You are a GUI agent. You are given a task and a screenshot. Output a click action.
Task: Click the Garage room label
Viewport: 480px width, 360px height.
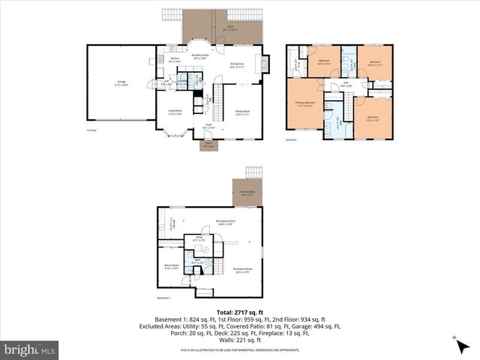tap(120, 83)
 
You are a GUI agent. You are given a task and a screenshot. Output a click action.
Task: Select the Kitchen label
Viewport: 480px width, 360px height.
tap(174, 60)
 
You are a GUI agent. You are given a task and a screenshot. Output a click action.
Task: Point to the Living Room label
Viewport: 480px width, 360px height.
tap(175, 112)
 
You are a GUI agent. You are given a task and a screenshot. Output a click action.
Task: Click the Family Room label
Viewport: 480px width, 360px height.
tap(241, 112)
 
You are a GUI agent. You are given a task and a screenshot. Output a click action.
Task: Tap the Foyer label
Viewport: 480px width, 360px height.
tap(208, 126)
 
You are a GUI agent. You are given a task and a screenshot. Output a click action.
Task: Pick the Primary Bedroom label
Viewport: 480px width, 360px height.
tap(304, 104)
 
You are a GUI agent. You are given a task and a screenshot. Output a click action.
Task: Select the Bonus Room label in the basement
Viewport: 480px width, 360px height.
tap(170, 266)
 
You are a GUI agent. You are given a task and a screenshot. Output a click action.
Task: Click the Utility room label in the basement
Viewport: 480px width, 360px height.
tap(199, 238)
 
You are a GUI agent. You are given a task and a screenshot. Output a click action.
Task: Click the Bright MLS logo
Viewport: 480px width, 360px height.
tap(31, 349)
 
